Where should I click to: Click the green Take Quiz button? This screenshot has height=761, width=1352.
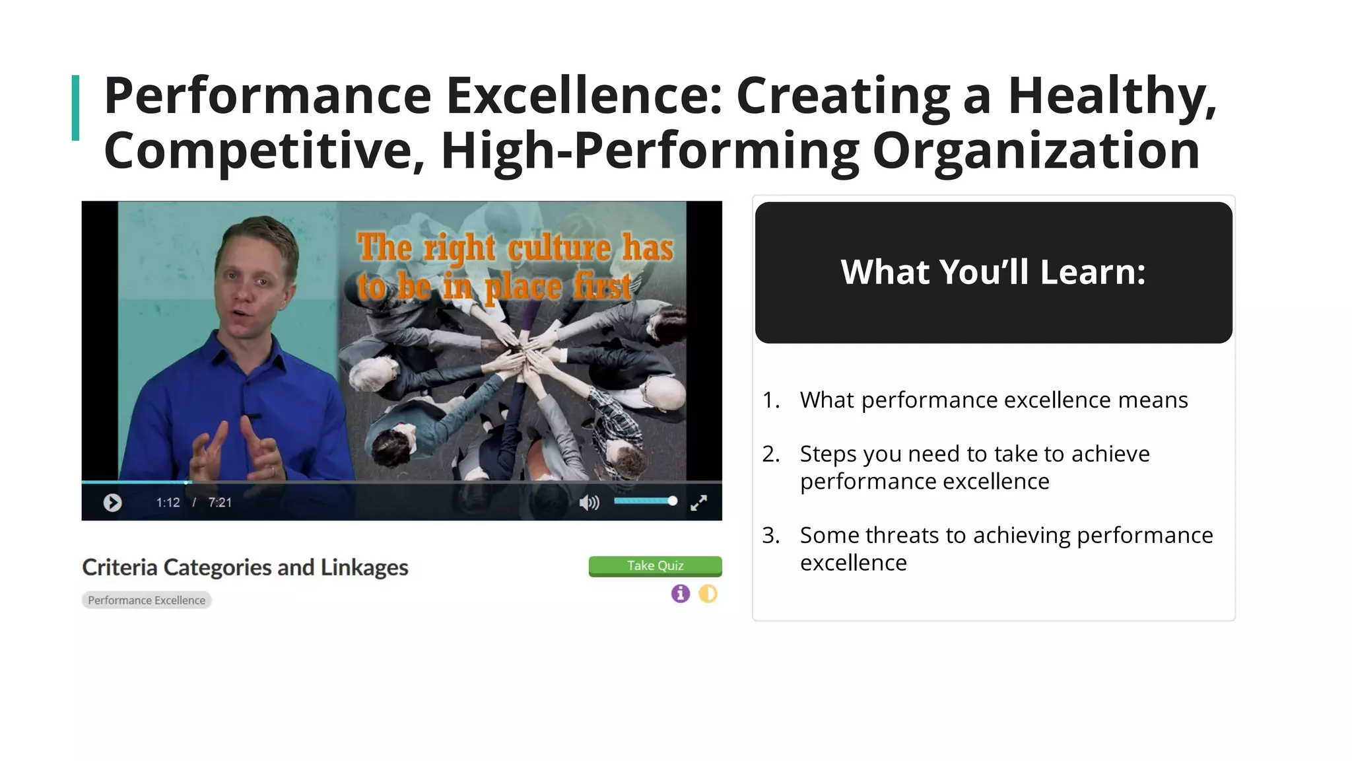click(x=655, y=566)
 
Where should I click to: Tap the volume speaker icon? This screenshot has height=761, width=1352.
click(x=588, y=503)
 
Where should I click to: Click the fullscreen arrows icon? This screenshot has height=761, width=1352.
click(x=698, y=503)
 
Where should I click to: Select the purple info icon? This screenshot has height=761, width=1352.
click(x=680, y=593)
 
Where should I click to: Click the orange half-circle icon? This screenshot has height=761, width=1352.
click(x=708, y=593)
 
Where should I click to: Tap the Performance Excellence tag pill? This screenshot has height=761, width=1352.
click(x=147, y=600)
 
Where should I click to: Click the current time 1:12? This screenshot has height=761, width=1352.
click(x=168, y=503)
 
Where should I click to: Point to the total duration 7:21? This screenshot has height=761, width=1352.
click(x=220, y=503)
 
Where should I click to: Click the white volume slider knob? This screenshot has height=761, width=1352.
click(x=672, y=501)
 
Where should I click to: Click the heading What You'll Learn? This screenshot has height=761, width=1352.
click(x=993, y=272)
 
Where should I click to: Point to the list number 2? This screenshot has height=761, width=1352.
click(x=770, y=454)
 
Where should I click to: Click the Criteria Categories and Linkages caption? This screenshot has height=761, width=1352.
click(x=245, y=567)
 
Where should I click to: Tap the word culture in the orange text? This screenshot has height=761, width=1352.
click(x=558, y=248)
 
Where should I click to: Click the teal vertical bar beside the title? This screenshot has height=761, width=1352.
click(x=75, y=108)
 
